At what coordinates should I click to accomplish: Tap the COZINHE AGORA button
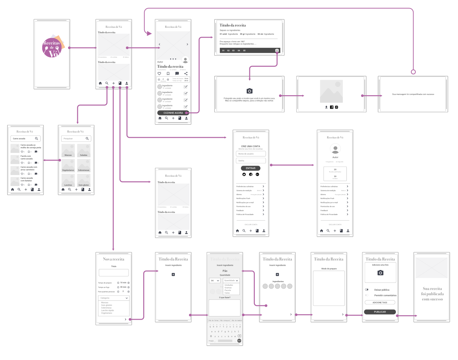pos(173,113)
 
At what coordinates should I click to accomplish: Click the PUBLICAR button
pos(380,312)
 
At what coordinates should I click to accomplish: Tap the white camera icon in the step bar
pos(277,50)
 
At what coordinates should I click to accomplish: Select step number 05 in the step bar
pos(244,51)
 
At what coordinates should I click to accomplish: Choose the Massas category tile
pos(68,151)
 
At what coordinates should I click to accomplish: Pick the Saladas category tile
pos(84,151)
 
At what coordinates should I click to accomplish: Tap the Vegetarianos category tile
pos(68,166)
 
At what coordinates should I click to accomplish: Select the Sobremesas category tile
pos(84,166)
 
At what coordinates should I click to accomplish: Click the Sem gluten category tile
pos(84,181)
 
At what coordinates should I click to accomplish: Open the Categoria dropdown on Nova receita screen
pos(114,298)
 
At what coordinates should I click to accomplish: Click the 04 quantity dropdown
pos(215,280)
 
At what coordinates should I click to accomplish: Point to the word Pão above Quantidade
pos(225,271)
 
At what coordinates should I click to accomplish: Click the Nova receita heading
pos(114,259)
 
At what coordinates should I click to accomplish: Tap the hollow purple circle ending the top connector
pos(413,72)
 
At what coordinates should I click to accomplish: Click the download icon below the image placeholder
pos(326,107)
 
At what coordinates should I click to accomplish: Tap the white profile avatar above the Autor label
pos(335,149)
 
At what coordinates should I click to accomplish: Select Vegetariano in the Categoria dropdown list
pos(107,313)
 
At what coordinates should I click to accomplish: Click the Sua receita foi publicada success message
pos(432,294)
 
